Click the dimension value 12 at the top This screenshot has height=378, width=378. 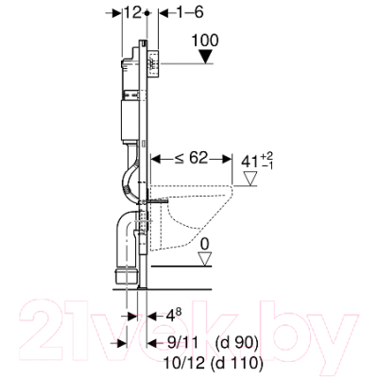tap(132, 12)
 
